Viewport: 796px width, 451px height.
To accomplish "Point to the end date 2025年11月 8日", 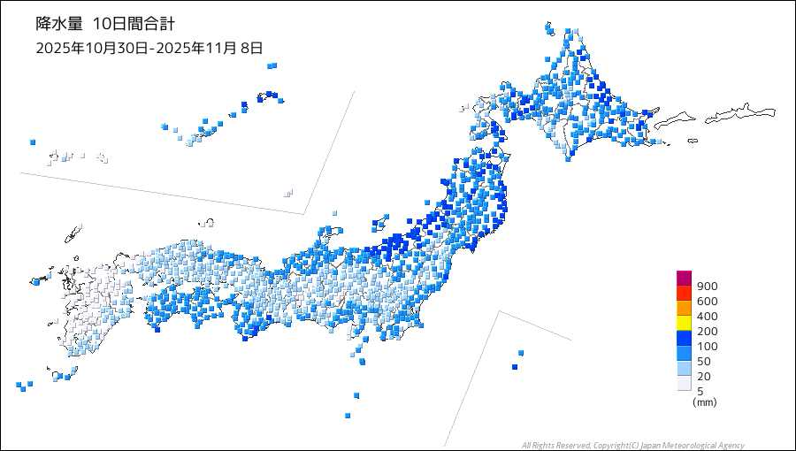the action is [209, 48].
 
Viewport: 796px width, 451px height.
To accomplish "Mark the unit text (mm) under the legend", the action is [705, 402].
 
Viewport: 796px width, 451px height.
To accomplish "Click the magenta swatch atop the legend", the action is [684, 278].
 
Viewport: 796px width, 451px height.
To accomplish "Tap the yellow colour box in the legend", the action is [684, 323].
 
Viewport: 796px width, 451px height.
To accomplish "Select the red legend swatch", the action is [684, 293].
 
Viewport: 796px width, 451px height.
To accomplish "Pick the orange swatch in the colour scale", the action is [684, 308].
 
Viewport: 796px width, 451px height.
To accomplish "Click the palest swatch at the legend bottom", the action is [684, 383].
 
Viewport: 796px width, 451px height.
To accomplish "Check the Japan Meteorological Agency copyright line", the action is [632, 445].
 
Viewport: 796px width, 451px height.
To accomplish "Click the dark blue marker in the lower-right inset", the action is [515, 367].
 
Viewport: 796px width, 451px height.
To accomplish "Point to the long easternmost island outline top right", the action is [741, 112].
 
